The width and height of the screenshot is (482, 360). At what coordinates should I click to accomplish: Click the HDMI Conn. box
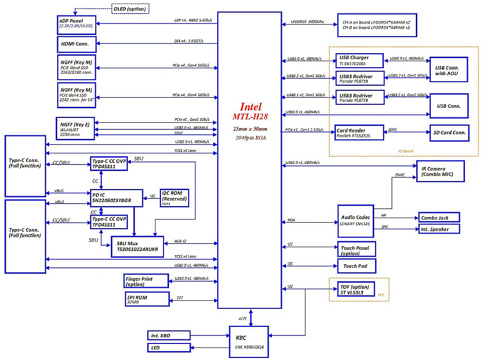click(x=75, y=44)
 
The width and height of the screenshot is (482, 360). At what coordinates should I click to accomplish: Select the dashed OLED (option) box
click(x=130, y=8)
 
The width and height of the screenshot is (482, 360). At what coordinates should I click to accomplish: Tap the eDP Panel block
click(x=75, y=23)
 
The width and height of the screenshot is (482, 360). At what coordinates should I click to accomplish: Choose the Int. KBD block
click(x=169, y=334)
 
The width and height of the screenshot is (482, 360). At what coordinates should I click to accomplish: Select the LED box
click(x=169, y=347)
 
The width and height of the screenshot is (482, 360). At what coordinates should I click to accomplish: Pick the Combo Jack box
click(x=439, y=218)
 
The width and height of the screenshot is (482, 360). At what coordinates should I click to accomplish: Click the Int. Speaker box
click(x=439, y=229)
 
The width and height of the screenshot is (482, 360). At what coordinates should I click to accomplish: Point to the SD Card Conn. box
click(x=449, y=133)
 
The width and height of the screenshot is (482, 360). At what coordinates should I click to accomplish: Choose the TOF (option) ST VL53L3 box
click(x=359, y=289)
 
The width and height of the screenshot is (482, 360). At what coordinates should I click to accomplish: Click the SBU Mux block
click(x=137, y=246)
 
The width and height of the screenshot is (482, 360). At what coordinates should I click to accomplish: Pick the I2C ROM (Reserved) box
click(x=174, y=197)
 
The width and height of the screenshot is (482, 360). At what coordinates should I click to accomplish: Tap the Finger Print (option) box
click(x=146, y=281)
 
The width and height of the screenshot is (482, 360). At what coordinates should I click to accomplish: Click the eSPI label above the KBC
click(x=243, y=318)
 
